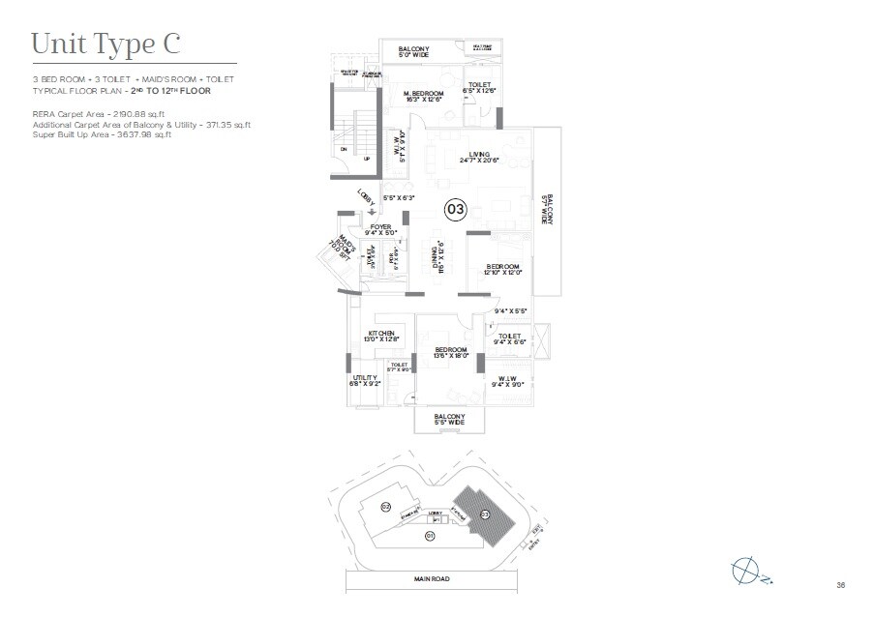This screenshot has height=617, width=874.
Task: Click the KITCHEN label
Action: click(380, 335)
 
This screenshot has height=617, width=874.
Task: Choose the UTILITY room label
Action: click(364, 380)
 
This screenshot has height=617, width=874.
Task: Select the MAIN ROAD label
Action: click(429, 578)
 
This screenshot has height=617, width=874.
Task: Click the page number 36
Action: click(840, 584)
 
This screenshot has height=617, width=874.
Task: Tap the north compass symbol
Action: click(747, 572)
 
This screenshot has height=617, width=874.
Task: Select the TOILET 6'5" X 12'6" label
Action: click(481, 88)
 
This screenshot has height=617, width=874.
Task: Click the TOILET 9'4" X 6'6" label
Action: click(510, 338)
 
